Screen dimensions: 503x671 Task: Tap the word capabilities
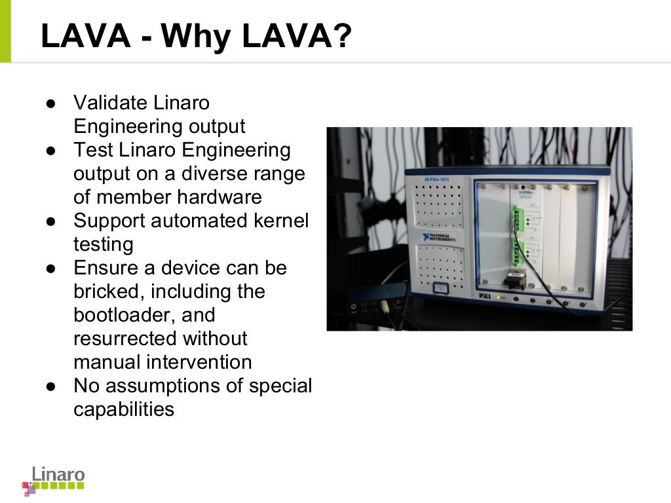[x=124, y=409]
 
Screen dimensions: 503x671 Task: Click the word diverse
[x=217, y=174]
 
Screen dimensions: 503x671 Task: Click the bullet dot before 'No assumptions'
[x=51, y=386]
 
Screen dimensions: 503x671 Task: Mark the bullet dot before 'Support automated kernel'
[x=51, y=221]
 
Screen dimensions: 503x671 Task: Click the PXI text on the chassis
[x=485, y=296]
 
